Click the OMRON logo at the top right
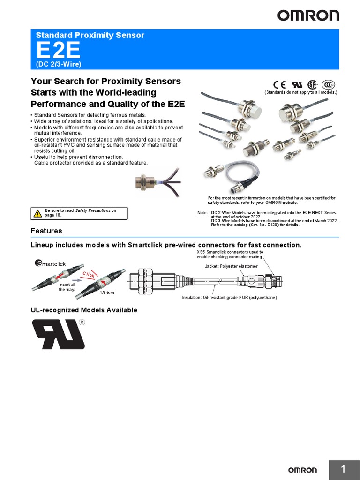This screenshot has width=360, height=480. coord(308,15)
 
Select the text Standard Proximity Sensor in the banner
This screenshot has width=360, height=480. coord(90,35)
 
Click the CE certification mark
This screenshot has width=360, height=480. coord(280,84)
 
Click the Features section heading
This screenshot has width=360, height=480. coord(46,231)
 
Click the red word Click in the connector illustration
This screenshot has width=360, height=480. coord(89,275)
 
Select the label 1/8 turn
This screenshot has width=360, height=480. coord(107,292)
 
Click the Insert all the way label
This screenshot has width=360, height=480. coord(67,287)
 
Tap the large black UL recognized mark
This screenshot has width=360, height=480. coord(58,334)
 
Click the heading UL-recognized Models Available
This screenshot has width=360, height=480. coord(84,310)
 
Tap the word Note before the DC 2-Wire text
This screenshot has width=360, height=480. coord(202,213)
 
